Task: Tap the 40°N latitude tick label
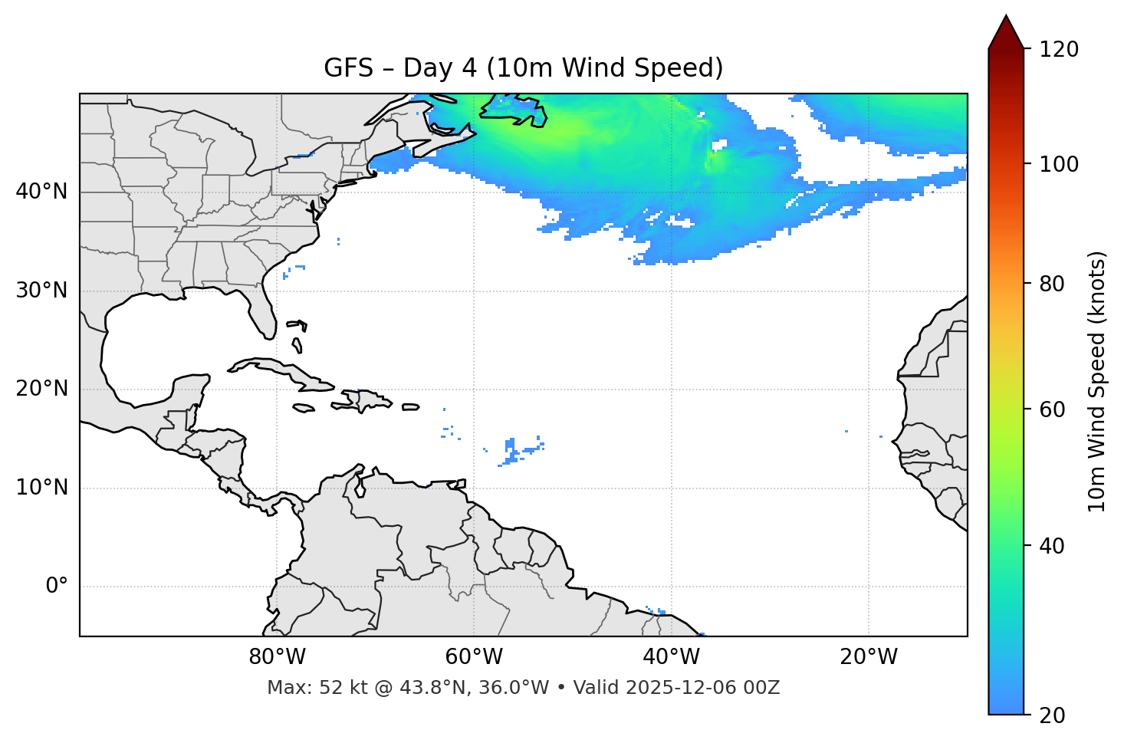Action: click(x=41, y=192)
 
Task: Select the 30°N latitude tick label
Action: click(x=41, y=291)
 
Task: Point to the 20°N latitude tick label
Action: click(x=41, y=389)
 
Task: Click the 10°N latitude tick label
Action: click(x=41, y=488)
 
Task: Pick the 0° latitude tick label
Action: click(x=56, y=587)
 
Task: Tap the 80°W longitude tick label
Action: click(x=277, y=657)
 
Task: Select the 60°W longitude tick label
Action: click(x=474, y=657)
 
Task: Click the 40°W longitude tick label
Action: click(x=672, y=657)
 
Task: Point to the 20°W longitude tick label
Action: click(x=869, y=657)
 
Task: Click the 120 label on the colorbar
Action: click(x=1059, y=50)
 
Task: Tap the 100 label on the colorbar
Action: click(x=1059, y=164)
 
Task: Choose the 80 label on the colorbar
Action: click(x=1053, y=284)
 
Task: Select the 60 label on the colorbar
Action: click(x=1053, y=409)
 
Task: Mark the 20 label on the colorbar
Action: click(x=1053, y=715)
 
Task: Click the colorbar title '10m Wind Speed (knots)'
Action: click(x=1097, y=381)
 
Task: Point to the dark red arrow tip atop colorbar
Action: click(x=1006, y=29)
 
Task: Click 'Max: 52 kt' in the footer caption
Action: click(x=302, y=688)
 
